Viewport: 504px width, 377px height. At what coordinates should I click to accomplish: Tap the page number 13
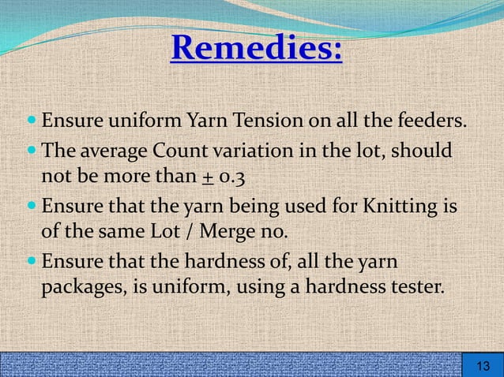point(482,366)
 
